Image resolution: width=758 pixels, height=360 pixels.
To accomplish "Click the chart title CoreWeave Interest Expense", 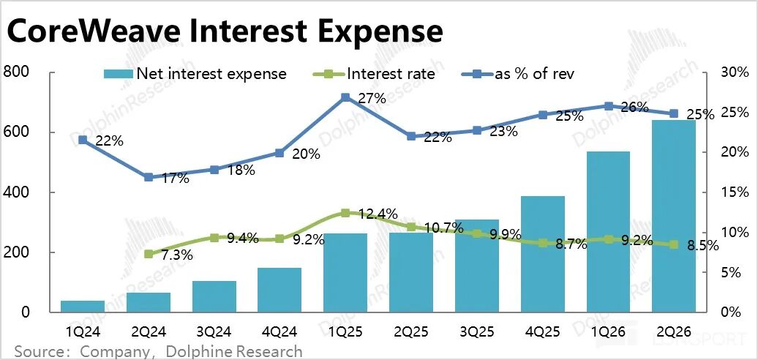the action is coord(225,31).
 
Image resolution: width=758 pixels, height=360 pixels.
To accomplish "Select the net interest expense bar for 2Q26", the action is coord(674,216).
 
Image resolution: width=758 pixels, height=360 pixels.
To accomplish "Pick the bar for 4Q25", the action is coord(543,254).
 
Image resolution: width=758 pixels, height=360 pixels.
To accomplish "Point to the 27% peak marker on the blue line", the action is coord(345,97).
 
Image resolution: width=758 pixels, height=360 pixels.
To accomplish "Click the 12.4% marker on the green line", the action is coord(345,213).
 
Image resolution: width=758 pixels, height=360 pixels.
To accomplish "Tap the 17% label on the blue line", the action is coord(175,179).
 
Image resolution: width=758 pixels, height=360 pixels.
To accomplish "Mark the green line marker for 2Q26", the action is coord(674,244).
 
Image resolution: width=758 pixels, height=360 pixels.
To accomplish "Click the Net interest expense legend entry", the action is coord(196,74).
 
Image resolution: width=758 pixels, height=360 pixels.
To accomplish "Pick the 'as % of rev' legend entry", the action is coord(518,74).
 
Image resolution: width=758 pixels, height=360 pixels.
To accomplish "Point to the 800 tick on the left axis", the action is coord(16,72).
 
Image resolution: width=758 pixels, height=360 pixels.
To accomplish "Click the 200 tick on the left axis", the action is coord(16,252).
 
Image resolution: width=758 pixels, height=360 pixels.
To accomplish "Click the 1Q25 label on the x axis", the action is coord(345,331).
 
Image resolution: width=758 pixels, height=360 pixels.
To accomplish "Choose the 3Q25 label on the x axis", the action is coord(476,331).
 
